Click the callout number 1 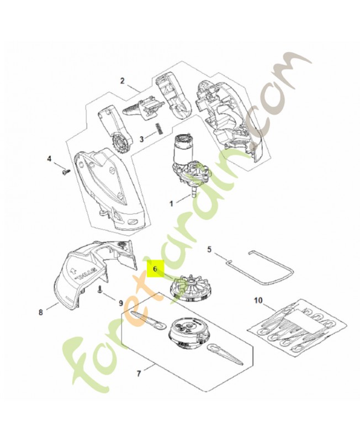(x=171, y=203)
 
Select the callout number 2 (x=122, y=81)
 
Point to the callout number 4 (x=49, y=159)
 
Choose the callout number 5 (x=209, y=250)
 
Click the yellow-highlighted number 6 (x=155, y=270)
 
